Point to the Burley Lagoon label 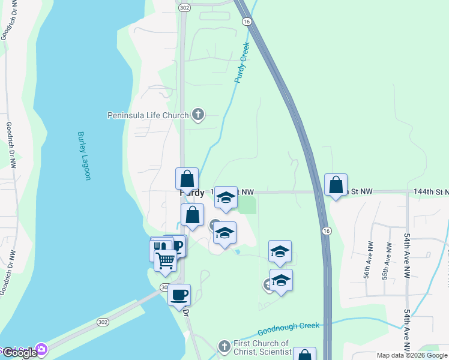(x=83, y=156)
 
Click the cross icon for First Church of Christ (x=224, y=346)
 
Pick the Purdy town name (x=192, y=194)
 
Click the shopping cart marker (x=165, y=261)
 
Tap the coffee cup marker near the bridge (x=179, y=295)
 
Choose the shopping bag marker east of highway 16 (x=336, y=185)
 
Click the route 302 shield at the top (x=184, y=7)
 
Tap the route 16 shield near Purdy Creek (x=246, y=21)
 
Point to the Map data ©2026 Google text (x=412, y=355)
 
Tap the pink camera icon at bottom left (x=41, y=349)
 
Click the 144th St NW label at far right (x=431, y=191)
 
